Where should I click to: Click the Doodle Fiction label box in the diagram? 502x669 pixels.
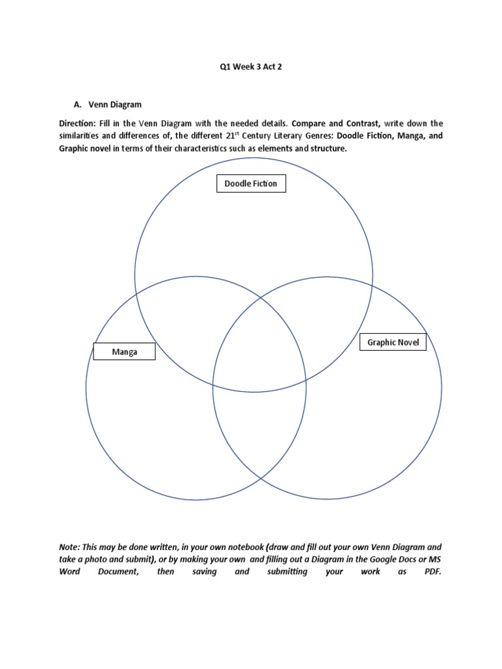click(x=251, y=184)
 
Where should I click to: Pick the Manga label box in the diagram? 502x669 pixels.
click(x=124, y=352)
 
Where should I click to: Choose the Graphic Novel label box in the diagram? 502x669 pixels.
click(x=393, y=342)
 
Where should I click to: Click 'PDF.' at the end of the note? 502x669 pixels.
click(x=432, y=572)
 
